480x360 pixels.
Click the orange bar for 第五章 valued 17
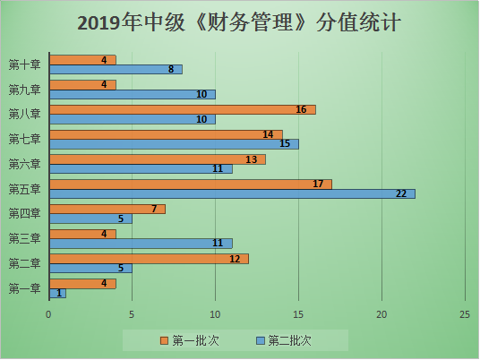190,184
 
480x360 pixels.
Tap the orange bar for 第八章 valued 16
182,109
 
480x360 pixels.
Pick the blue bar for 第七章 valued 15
174,143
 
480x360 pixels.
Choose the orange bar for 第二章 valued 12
149,258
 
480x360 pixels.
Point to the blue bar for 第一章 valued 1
57,293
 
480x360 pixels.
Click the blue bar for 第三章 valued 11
141,243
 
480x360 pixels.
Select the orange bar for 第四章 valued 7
107,209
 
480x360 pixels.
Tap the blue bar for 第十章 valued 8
116,69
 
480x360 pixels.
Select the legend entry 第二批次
286,340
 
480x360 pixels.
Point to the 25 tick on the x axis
464,313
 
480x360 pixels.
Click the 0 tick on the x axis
49,313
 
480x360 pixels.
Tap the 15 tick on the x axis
298,313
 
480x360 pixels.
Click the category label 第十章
23,64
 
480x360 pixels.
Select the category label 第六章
23,164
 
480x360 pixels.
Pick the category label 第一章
23,288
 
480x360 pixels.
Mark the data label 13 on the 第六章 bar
250,159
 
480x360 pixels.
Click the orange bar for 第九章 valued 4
82,85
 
